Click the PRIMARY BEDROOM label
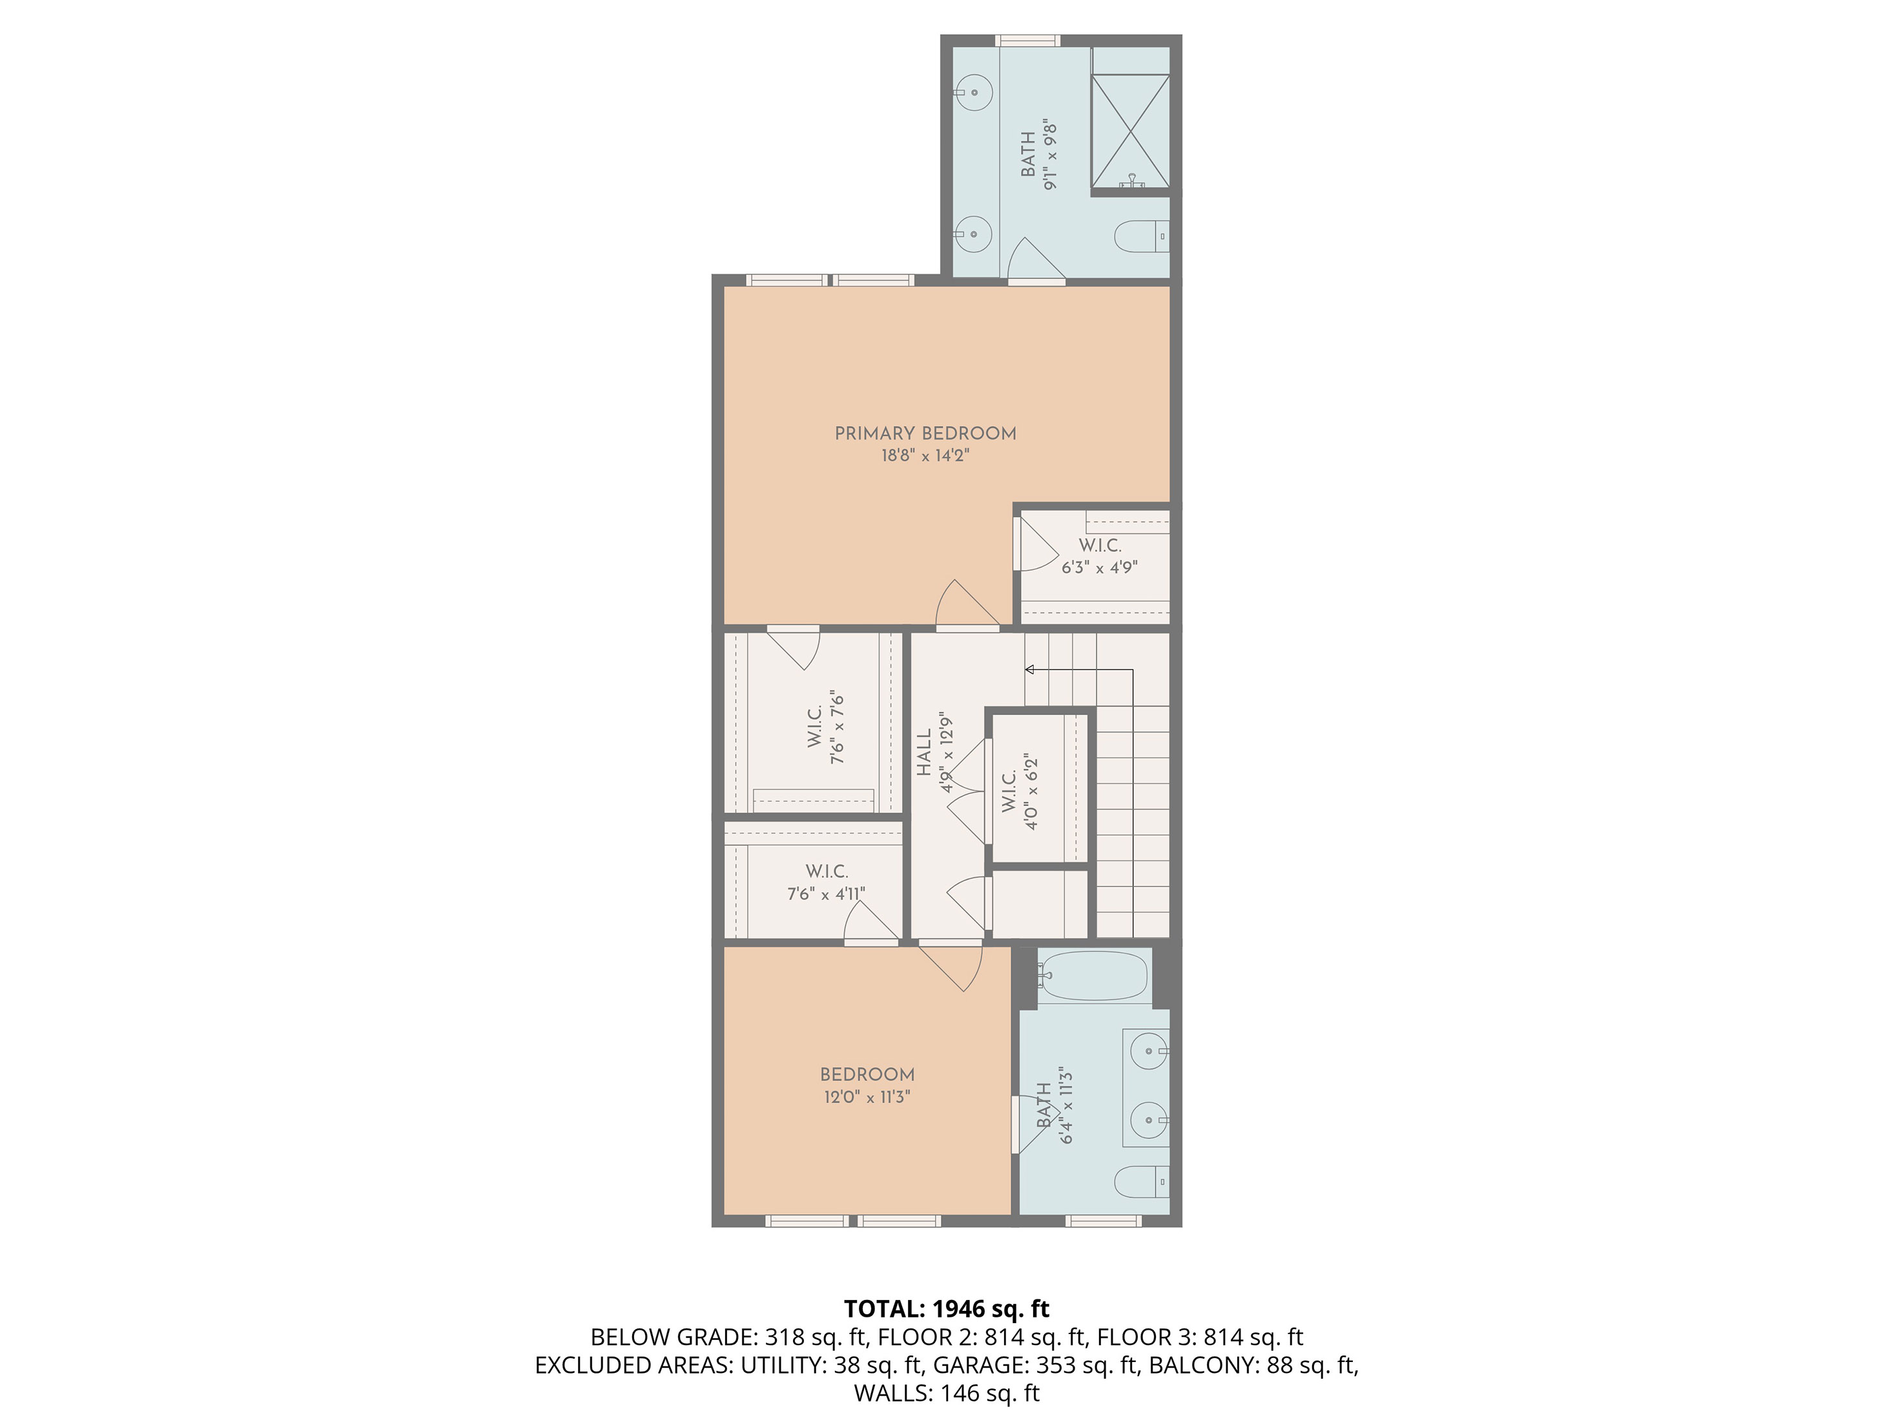pos(925,433)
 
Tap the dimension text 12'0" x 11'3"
pos(867,1097)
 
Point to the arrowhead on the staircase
pos(1030,669)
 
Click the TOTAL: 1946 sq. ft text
pos(946,1309)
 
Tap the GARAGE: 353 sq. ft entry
pos(1036,1365)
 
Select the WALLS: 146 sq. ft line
pos(946,1394)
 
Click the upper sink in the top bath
pos(974,92)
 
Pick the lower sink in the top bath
pos(974,234)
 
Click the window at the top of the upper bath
pos(1027,40)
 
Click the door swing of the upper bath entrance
pos(1036,260)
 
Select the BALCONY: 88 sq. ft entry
pos(1253,1365)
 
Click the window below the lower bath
pos(1103,1221)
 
